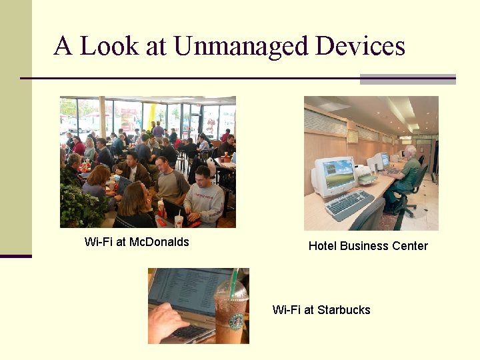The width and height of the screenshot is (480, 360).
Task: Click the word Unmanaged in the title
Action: [x=241, y=46]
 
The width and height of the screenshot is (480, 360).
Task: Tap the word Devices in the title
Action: [x=360, y=46]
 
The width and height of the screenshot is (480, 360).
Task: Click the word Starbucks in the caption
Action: [x=344, y=310]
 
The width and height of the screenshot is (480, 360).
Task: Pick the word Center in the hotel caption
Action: [x=408, y=246]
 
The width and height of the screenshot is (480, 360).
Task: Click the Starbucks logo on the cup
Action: [x=236, y=321]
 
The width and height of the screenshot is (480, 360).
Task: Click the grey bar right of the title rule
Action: [x=407, y=79]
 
